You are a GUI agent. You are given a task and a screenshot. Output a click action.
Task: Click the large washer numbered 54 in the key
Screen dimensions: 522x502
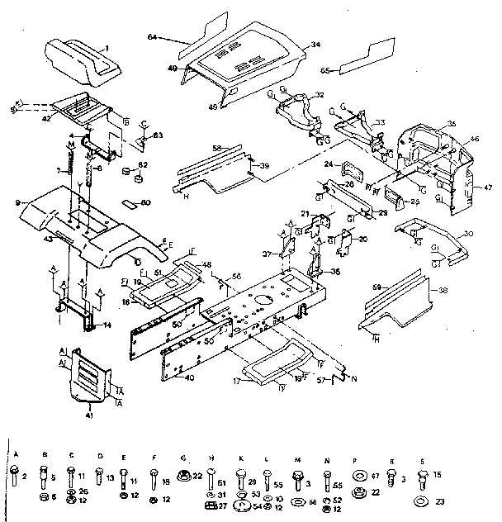(x=242, y=505)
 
